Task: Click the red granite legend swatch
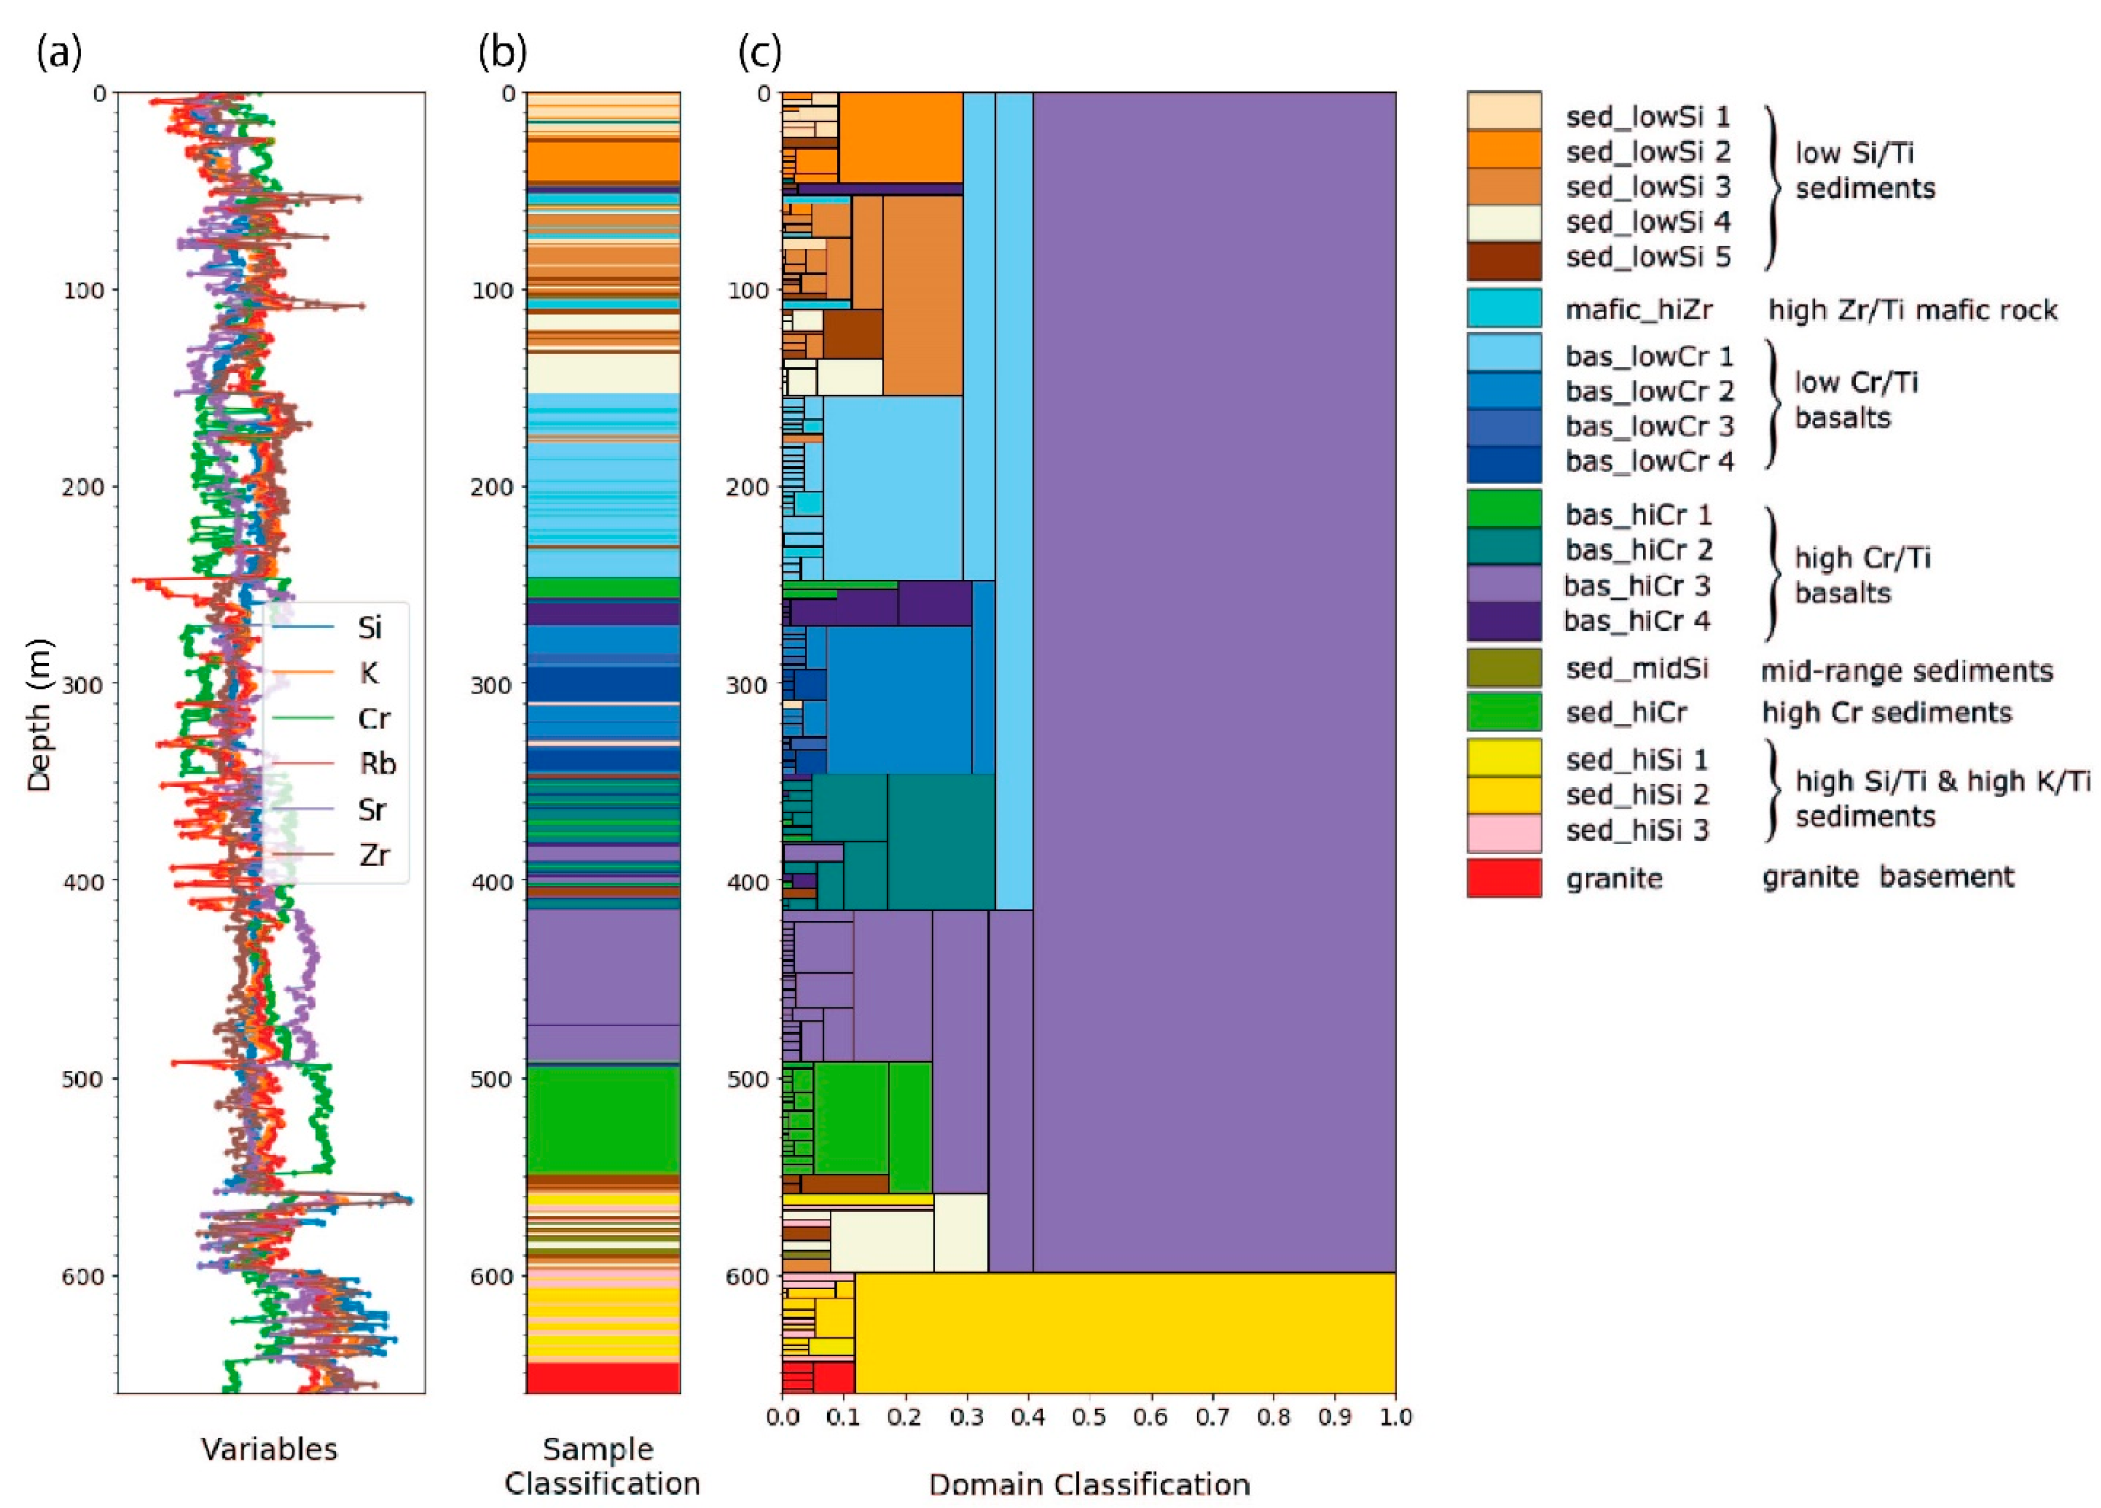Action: click(1503, 877)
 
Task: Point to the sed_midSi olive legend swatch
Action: click(1503, 668)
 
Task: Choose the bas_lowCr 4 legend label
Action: click(1649, 461)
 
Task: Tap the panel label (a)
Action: click(60, 53)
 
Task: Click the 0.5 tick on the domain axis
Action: click(1088, 1416)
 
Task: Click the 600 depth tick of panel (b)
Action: click(493, 1276)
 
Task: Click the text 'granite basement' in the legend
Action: click(1887, 876)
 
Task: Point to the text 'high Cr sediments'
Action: click(1886, 712)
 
